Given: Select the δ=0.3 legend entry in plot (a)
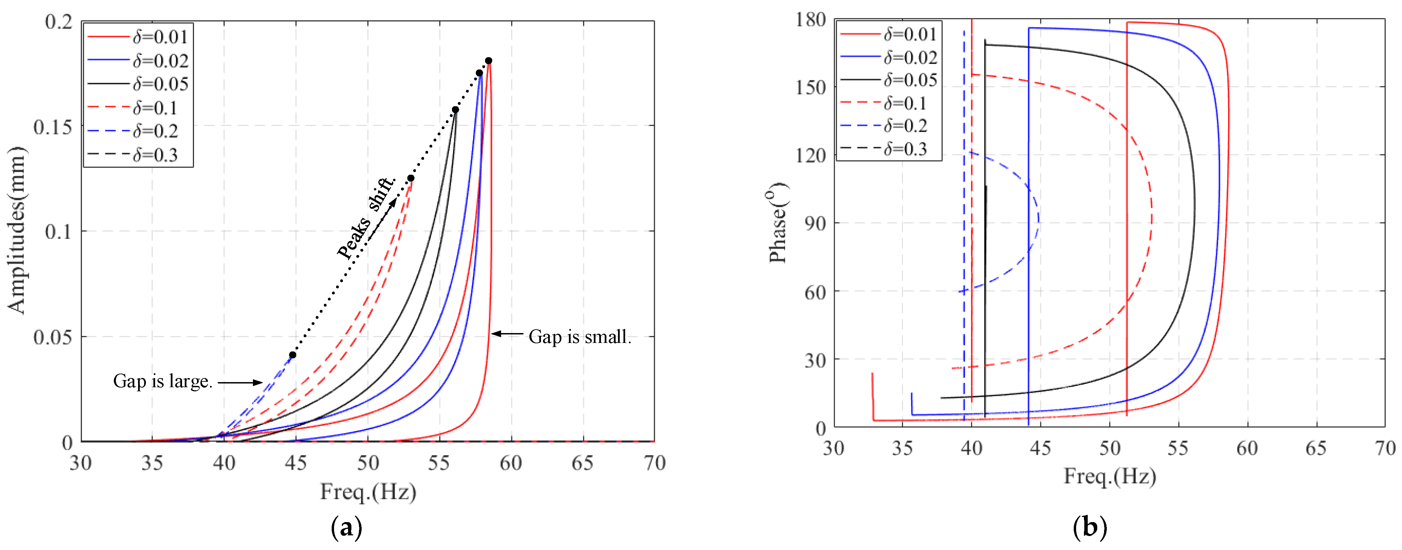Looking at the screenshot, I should (x=155, y=155).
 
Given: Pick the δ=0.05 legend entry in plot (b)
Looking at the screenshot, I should (x=910, y=80).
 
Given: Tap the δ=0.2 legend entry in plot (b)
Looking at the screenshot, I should (x=905, y=126).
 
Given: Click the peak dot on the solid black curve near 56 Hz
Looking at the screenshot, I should (x=455, y=110).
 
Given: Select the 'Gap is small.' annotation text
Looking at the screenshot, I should (x=579, y=337).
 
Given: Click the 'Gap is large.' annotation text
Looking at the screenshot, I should (x=162, y=381).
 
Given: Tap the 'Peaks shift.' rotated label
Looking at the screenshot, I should (x=366, y=218).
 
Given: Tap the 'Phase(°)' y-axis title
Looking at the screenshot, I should (x=778, y=223).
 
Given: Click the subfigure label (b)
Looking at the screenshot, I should (x=1090, y=527).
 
